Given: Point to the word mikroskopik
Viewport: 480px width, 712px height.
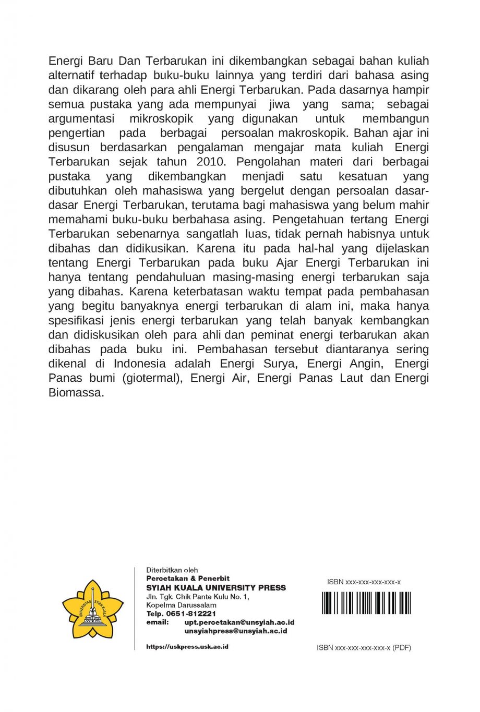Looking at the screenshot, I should [161, 118].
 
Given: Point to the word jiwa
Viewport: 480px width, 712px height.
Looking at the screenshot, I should [279, 104].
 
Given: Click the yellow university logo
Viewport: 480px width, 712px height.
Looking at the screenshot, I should [93, 609].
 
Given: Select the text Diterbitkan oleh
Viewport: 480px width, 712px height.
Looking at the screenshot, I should [172, 570].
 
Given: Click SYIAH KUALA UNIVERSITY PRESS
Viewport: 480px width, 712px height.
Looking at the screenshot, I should [216, 588].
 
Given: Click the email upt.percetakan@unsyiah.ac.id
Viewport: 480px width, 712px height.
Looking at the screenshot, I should [239, 622].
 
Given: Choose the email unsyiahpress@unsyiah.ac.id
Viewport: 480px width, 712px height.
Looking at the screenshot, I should [236, 631].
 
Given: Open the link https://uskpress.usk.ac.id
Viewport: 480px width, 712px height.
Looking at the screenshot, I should [187, 647].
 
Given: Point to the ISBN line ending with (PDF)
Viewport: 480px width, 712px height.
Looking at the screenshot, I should [364, 648].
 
